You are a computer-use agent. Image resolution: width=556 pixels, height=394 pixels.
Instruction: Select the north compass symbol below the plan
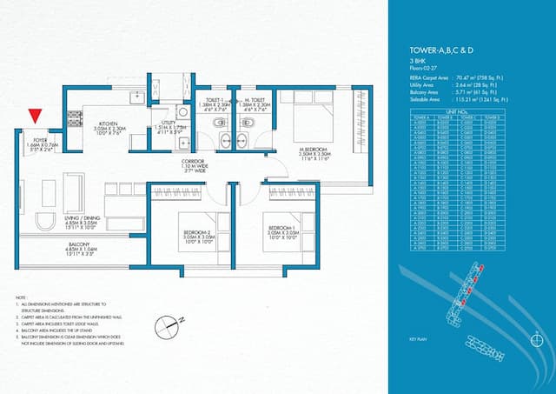coord(165,327)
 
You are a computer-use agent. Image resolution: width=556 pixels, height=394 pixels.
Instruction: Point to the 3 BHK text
coord(417,63)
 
